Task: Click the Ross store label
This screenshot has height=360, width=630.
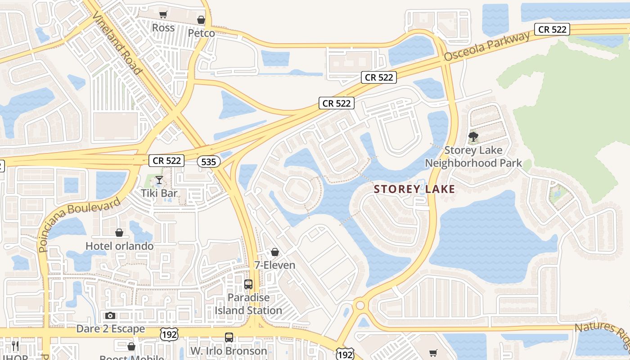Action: click(163, 28)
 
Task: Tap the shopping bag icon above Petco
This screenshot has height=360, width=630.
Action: click(201, 20)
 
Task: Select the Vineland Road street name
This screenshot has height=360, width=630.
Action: click(117, 43)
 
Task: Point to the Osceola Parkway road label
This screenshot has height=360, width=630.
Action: click(487, 47)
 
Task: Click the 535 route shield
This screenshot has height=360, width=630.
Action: click(208, 162)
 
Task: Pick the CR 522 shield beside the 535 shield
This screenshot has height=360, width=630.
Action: click(166, 161)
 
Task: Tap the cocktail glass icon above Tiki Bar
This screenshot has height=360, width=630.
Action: click(159, 180)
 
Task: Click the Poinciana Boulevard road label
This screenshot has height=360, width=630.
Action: click(80, 225)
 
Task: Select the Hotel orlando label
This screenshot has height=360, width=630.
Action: click(119, 246)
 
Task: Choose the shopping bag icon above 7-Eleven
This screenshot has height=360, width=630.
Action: click(275, 252)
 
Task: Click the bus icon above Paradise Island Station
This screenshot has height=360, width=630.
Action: click(248, 284)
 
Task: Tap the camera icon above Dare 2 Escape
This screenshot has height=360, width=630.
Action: click(110, 316)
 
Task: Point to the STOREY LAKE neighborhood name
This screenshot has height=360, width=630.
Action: click(414, 189)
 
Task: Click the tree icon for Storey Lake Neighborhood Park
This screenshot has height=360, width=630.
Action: click(473, 137)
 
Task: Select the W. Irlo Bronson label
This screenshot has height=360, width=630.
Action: click(229, 351)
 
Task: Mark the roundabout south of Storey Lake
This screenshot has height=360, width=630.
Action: click(360, 306)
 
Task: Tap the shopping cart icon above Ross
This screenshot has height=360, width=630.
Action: click(163, 15)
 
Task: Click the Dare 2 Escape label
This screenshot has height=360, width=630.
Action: click(111, 329)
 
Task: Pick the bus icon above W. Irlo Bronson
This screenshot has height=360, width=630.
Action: click(229, 337)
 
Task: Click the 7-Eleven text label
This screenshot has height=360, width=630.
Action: click(274, 265)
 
